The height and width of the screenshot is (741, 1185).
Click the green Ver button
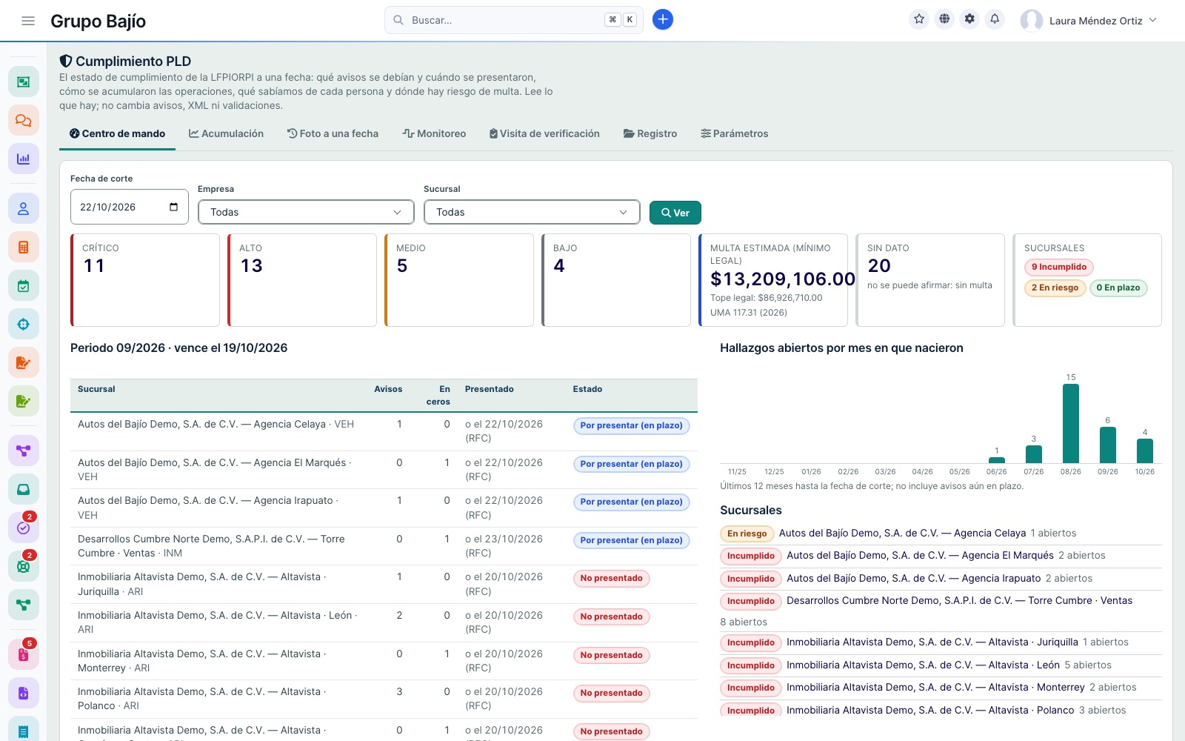(675, 212)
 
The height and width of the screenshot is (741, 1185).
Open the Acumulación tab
(227, 133)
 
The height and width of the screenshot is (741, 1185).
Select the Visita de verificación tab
(544, 133)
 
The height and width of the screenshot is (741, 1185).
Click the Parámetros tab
(734, 133)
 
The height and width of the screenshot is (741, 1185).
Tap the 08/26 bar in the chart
(1071, 423)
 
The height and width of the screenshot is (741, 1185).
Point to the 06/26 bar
(997, 460)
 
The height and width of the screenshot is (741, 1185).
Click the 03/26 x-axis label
(885, 471)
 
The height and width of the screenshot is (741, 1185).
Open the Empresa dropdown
(306, 212)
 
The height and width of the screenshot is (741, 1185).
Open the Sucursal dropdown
(532, 212)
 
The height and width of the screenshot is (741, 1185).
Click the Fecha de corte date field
(129, 207)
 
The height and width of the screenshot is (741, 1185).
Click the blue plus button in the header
(662, 19)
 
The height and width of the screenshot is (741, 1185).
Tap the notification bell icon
(995, 19)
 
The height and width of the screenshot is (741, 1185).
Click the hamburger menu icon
(28, 21)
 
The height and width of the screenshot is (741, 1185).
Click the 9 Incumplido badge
(1058, 267)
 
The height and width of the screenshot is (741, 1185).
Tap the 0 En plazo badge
(1118, 288)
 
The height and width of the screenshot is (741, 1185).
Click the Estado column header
(587, 389)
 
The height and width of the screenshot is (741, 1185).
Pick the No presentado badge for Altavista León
(611, 617)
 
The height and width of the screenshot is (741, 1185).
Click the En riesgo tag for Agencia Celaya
(747, 534)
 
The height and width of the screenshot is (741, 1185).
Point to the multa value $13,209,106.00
(782, 279)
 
